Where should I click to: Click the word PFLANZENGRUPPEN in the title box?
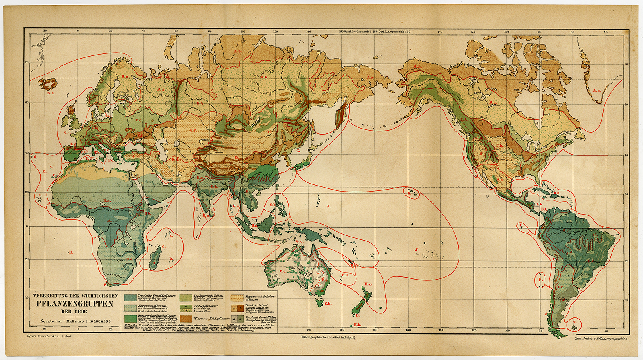[75, 304]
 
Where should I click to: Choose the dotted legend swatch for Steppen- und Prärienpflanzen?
[237, 298]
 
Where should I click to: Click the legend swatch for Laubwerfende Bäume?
[186, 298]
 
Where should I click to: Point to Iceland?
[48, 84]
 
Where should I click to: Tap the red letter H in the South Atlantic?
[71, 252]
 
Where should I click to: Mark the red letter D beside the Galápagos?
[521, 225]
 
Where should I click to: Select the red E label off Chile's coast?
[541, 280]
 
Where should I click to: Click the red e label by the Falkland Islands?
[575, 321]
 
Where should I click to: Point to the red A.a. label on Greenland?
[596, 90]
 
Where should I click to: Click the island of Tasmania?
[320, 302]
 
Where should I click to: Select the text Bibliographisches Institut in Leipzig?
[328, 337]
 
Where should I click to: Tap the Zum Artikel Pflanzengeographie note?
[600, 339]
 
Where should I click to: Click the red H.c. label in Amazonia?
[566, 230]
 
